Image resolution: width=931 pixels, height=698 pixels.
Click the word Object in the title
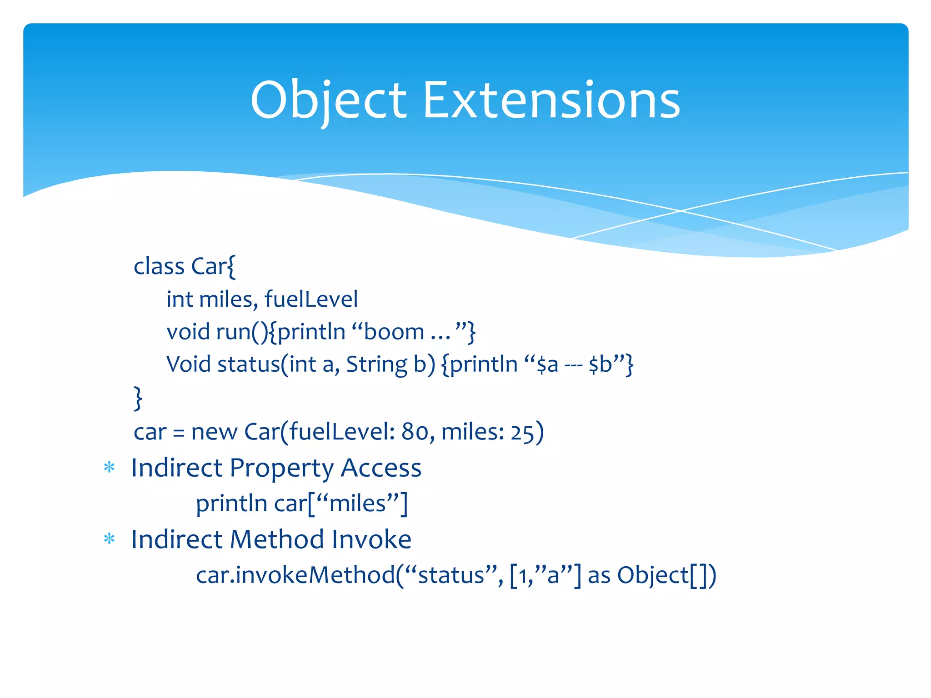pos(328,101)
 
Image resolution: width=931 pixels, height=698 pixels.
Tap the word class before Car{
pos(159,266)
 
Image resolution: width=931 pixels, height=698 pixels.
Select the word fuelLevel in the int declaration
pos(311,299)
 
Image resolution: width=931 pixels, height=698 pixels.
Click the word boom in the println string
pos(394,332)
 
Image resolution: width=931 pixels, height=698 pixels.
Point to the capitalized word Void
pos(189,364)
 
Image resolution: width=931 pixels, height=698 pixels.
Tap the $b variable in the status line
pos(600,364)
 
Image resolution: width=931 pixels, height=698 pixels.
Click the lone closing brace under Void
pos(138,398)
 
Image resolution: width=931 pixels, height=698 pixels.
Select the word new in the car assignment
pos(214,432)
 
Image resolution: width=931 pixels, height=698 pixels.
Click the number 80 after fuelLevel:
pos(415,432)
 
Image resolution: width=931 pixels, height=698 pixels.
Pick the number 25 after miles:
pos(522,432)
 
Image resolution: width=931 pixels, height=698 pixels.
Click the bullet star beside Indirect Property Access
pos(109,468)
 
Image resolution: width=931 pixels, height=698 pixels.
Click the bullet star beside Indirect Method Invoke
pos(109,539)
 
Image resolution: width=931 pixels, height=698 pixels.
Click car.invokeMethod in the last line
pos(295,575)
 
